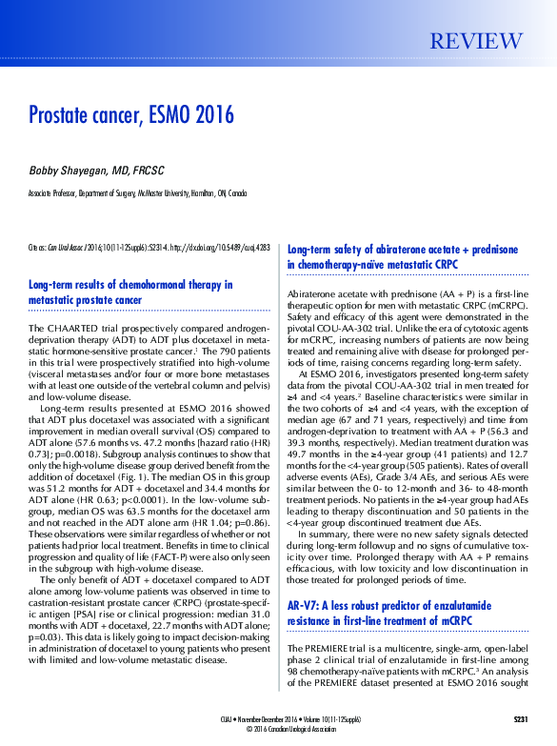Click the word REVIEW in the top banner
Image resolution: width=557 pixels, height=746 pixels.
(x=477, y=42)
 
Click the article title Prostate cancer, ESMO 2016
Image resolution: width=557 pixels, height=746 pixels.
(x=131, y=116)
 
